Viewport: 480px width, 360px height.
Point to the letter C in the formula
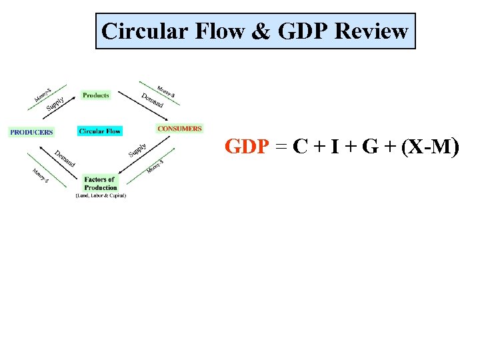click(301, 147)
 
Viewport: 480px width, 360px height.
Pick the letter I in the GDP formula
click(333, 147)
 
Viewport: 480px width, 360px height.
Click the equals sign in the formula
click(281, 147)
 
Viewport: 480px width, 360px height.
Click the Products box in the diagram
click(96, 95)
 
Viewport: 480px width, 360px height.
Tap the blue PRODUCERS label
click(31, 132)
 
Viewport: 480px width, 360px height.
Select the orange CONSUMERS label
click(179, 129)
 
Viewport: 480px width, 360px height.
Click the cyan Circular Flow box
click(100, 131)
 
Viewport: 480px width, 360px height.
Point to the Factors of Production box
click(100, 183)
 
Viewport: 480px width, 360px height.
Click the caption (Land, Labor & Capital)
click(100, 195)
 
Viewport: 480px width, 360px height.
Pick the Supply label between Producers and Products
click(55, 104)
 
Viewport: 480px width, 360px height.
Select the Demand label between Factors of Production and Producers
click(65, 158)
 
